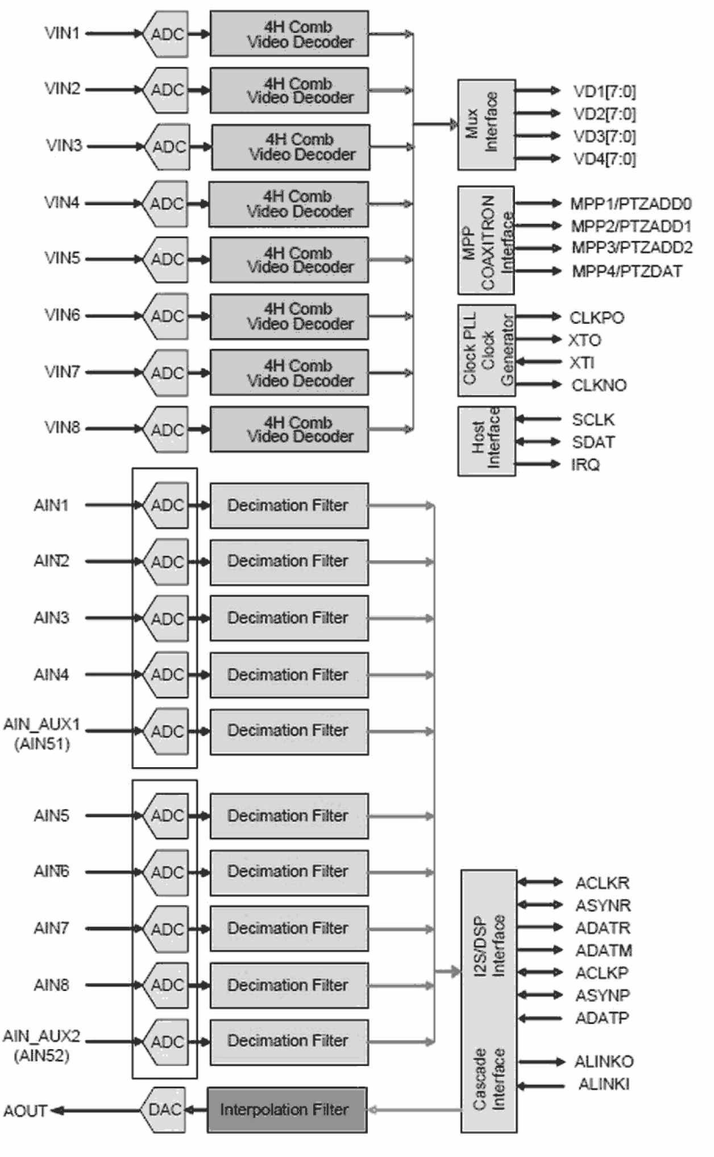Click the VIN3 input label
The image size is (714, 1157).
64,145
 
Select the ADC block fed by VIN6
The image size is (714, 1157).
166,316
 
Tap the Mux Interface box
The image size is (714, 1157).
486,124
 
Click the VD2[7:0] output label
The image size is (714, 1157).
604,114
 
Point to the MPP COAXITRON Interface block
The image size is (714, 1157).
486,240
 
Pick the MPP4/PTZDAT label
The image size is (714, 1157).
626,271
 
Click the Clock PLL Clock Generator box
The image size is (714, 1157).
486,351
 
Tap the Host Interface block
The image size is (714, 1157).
486,441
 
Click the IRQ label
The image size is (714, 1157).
585,465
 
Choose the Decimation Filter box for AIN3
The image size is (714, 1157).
289,618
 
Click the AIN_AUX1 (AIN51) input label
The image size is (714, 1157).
41,734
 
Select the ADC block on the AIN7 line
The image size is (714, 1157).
166,929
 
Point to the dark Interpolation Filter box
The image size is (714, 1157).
287,1110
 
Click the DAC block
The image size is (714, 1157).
164,1110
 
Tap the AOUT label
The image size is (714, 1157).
25,1110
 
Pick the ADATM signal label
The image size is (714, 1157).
603,950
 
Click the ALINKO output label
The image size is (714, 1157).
603,1062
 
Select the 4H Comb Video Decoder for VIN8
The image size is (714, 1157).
289,430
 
